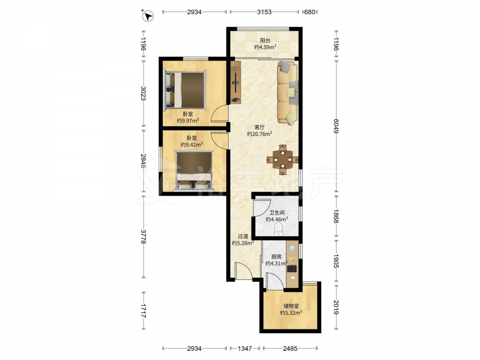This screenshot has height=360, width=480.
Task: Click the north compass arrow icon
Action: click(148, 16)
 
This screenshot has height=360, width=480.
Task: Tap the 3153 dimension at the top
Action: click(264, 12)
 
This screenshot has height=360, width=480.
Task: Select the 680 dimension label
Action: click(310, 12)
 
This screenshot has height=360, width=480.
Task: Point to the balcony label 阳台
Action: click(265, 40)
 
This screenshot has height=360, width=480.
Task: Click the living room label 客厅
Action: click(260, 127)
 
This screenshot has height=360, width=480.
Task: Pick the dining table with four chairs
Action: click(283, 159)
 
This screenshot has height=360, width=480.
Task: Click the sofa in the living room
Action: click(288, 93)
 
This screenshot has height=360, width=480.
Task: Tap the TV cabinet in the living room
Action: click(236, 83)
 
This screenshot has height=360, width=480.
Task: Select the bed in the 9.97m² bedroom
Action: click(185, 89)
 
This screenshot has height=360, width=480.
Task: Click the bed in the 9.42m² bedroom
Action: click(193, 170)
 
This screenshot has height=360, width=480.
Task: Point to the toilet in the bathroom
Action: click(278, 228)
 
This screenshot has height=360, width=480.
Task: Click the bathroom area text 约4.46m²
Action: click(277, 219)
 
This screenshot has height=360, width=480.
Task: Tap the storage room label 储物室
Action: click(291, 306)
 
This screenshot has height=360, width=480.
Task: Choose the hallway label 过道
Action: click(243, 236)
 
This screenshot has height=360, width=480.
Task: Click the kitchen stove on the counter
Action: click(292, 269)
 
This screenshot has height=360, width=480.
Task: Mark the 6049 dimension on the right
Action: click(336, 126)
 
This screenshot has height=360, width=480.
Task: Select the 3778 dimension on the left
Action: click(143, 236)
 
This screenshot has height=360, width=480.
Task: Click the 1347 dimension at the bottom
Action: click(245, 348)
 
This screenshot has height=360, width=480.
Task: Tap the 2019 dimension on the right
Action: click(336, 307)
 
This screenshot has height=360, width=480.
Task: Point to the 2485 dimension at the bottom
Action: click(290, 348)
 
